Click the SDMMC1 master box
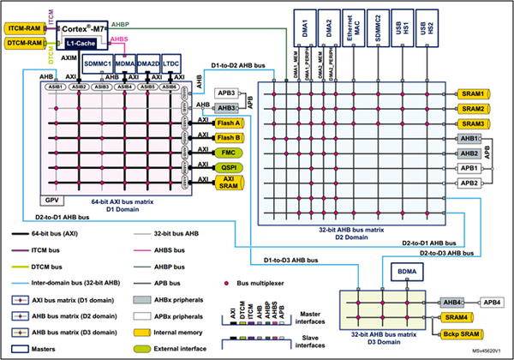point(99,64)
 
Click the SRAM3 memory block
point(475,124)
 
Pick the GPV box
point(51,199)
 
